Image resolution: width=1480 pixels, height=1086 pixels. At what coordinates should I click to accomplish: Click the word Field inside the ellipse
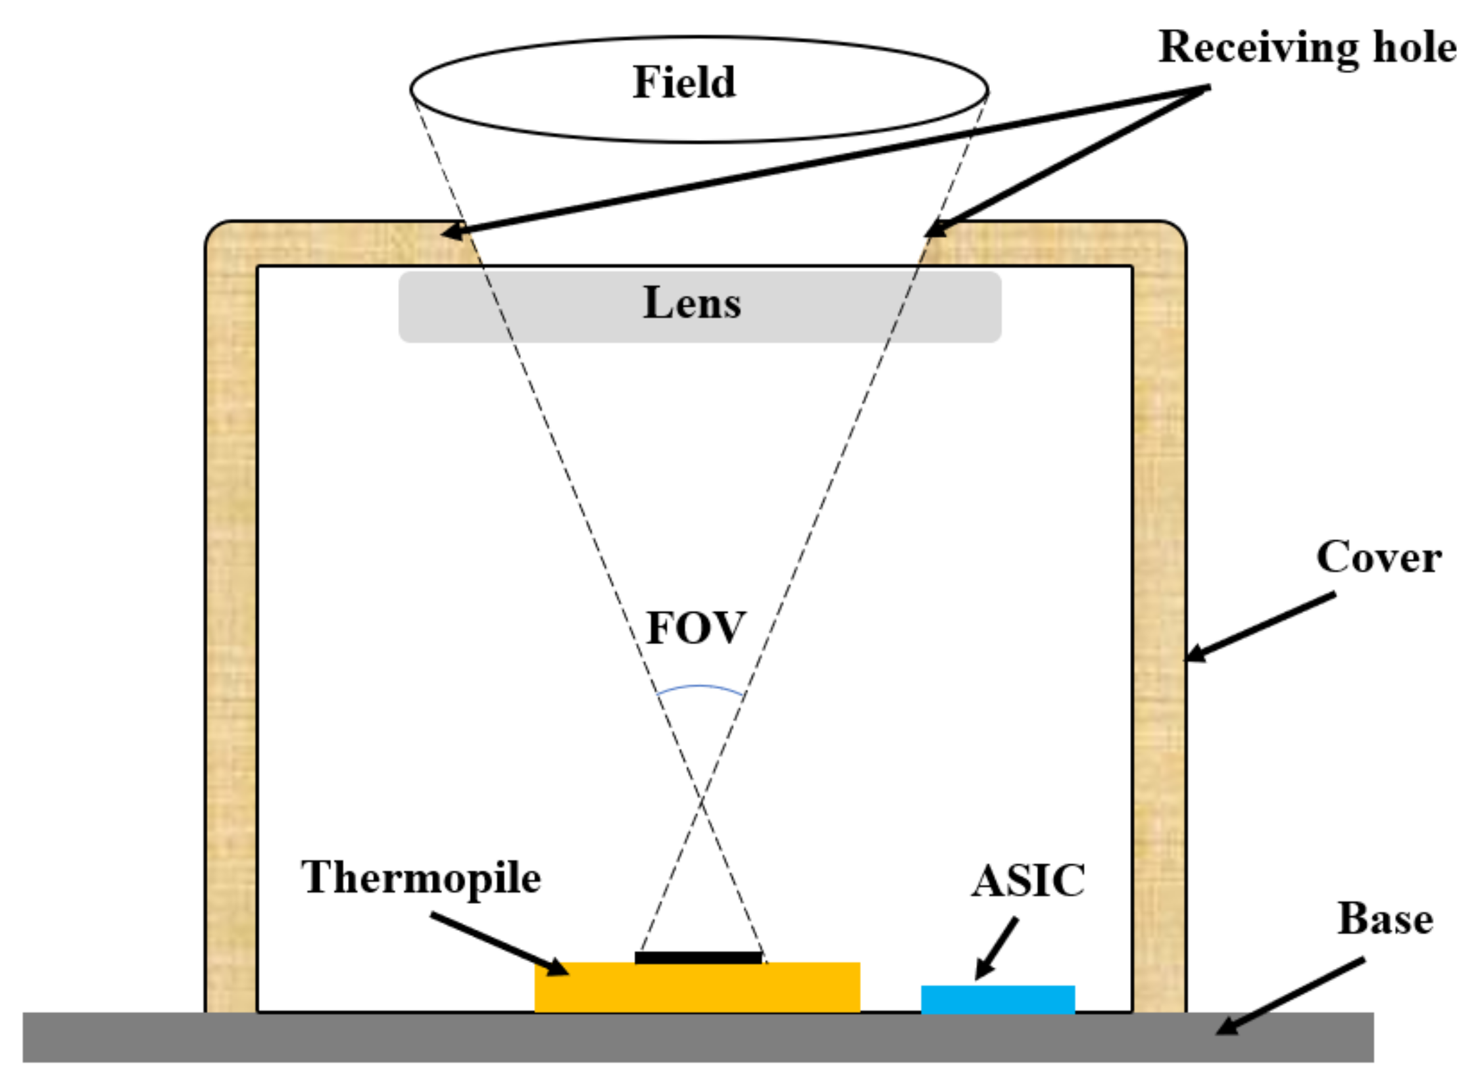coord(684,83)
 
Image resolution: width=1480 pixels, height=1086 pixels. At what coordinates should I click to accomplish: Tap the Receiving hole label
coord(1307,47)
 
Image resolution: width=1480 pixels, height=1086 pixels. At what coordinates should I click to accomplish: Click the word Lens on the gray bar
coord(692,303)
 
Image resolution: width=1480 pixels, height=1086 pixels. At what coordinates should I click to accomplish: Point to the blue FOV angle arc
coord(699,687)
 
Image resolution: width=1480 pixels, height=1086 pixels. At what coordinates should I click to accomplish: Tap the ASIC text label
coord(1028,881)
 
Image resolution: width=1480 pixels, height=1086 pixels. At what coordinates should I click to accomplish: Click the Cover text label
coord(1378,557)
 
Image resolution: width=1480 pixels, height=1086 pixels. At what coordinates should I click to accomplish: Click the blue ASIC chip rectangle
coord(997,999)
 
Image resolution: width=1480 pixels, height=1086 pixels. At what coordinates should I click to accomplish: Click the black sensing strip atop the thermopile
coord(698,957)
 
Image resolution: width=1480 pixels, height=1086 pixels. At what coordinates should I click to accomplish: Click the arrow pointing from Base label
coord(1289,997)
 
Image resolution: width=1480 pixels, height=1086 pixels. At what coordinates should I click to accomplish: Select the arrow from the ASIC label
coord(997,948)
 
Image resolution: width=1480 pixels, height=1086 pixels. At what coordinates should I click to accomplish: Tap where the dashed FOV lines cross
coord(701,801)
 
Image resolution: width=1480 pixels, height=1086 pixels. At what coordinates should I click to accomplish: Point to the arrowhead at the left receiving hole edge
coord(451,231)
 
